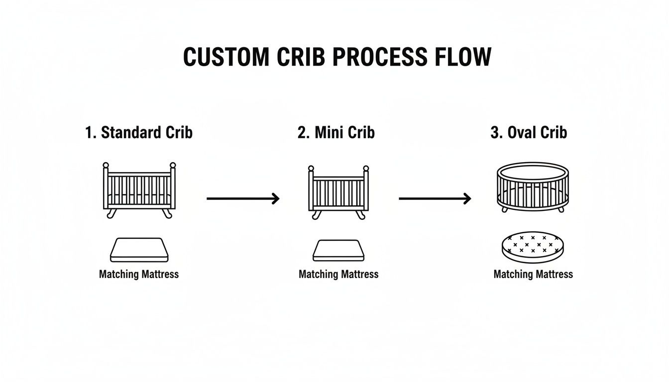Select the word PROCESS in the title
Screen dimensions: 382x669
point(379,57)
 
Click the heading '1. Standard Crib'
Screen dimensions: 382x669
point(139,133)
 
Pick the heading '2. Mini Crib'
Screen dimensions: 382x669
point(336,133)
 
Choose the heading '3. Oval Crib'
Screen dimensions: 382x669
point(529,133)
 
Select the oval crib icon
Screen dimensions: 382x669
point(533,187)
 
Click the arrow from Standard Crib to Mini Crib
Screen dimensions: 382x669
point(243,199)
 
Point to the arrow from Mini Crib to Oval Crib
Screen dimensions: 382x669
point(435,199)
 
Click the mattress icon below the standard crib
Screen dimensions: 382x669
point(139,250)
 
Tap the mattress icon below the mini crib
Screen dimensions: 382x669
point(338,250)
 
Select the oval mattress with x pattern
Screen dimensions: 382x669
point(533,247)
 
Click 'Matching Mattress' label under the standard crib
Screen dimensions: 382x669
point(139,274)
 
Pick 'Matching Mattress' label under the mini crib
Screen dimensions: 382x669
point(338,274)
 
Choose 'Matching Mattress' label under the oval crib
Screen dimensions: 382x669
point(533,274)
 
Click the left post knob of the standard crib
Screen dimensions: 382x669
point(106,165)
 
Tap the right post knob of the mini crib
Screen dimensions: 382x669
point(366,169)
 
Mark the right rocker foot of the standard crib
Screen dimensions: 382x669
point(168,214)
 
